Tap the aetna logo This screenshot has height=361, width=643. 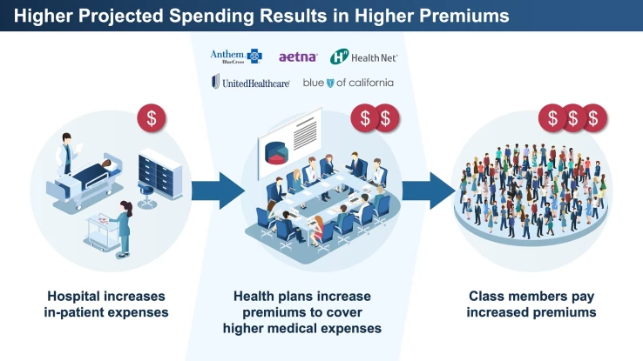coord(298,57)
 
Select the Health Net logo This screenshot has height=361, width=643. coord(363,57)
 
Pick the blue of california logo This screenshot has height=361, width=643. coord(348,83)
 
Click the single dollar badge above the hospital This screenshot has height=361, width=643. coord(152,118)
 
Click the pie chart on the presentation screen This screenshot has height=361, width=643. coord(276,151)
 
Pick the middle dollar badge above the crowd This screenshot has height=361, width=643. coord(573,117)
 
